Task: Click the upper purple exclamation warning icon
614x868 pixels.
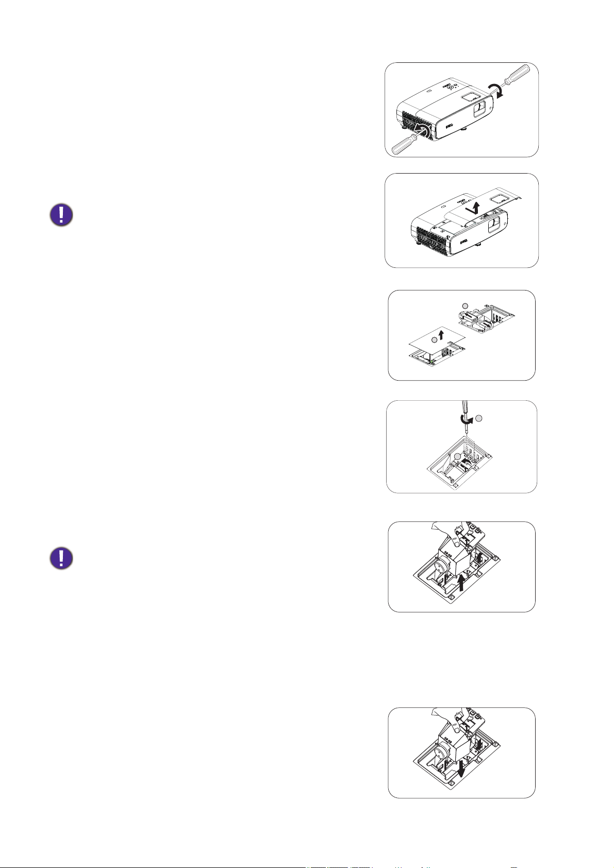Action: pos(61,215)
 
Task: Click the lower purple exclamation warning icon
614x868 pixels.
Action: pos(61,558)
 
